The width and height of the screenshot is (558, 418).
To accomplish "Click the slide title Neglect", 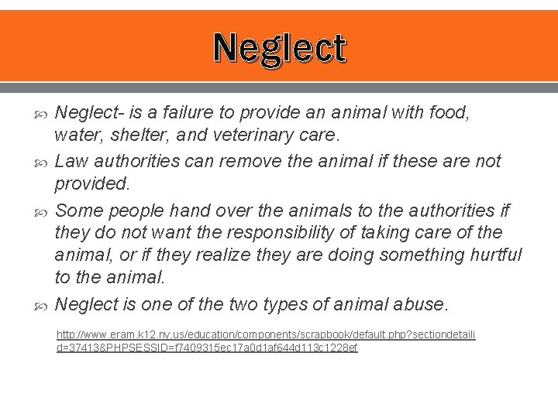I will coord(280,48).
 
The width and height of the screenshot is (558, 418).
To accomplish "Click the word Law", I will coord(72,161).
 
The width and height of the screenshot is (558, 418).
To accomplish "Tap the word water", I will coord(76,136).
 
